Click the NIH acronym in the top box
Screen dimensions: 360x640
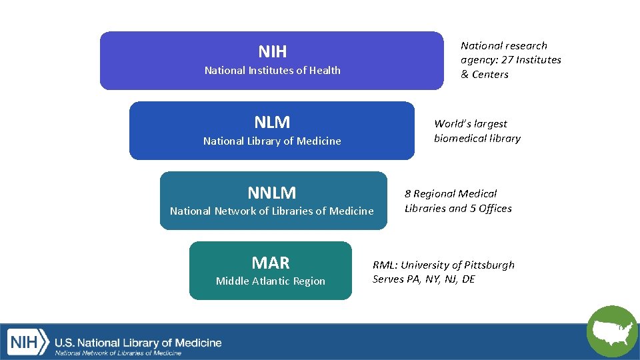pos(272,51)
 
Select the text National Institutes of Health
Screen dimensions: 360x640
pos(272,70)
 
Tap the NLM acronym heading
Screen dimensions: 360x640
pos(272,122)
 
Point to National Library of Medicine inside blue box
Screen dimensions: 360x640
pos(272,141)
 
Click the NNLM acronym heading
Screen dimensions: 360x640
pos(271,193)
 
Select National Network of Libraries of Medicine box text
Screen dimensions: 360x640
pos(271,211)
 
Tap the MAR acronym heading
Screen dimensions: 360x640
pos(271,262)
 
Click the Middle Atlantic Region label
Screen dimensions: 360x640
pos(271,281)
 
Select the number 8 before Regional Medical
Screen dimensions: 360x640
pos(407,194)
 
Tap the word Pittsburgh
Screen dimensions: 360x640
pos(486,265)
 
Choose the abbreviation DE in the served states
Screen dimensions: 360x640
pos(468,279)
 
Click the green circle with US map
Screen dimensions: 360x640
pos(612,331)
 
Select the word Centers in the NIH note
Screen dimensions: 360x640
pos(490,75)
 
